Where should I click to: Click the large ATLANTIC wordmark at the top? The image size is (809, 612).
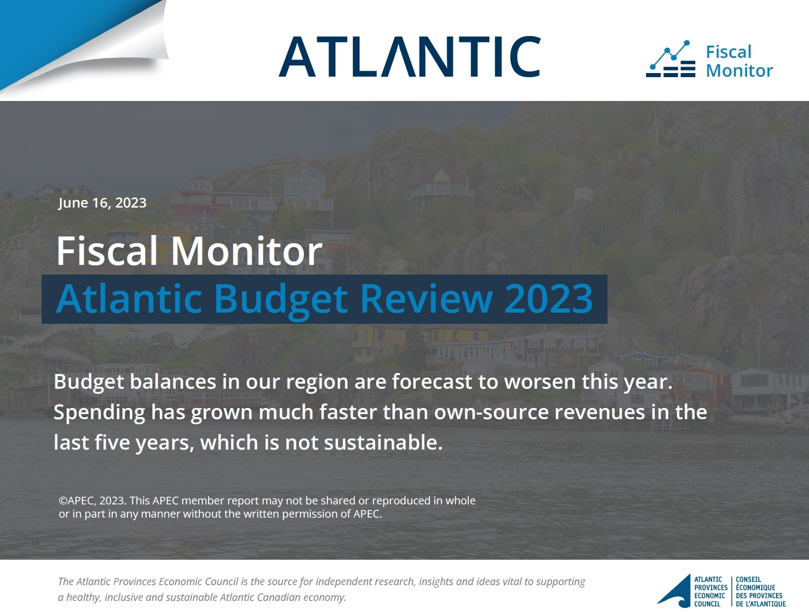tap(410, 56)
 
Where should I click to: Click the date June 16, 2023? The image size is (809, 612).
tap(102, 203)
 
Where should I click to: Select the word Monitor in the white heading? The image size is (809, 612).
tap(247, 251)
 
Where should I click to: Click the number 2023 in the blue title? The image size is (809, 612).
tap(549, 298)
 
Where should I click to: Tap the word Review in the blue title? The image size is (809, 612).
tap(426, 298)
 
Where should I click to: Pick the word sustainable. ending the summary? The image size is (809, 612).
tap(383, 442)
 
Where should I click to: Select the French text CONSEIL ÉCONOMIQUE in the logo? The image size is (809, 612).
tap(755, 583)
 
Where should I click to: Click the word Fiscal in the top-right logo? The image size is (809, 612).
tap(728, 52)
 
